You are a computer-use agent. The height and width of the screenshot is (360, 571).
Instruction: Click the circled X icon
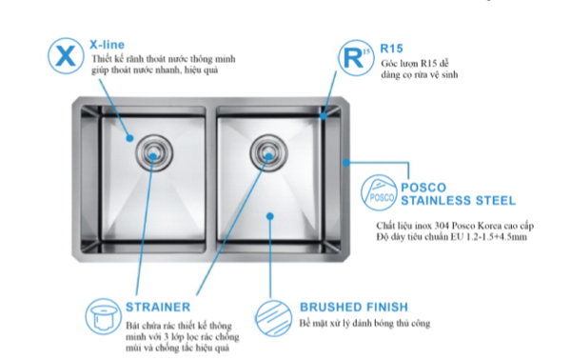pyautogui.click(x=66, y=56)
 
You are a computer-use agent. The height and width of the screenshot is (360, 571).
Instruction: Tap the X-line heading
pyautogui.click(x=107, y=45)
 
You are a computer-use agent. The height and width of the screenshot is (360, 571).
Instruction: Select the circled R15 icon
pyautogui.click(x=356, y=58)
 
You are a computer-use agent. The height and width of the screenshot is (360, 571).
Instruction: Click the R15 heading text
pyautogui.click(x=391, y=49)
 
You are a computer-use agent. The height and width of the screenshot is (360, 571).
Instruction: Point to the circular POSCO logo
pyautogui.click(x=379, y=192)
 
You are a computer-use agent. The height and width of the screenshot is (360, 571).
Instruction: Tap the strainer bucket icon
pyautogui.click(x=104, y=316)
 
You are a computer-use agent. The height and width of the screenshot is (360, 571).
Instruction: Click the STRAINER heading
pyautogui.click(x=158, y=308)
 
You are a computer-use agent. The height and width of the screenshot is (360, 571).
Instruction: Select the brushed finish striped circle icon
pyautogui.click(x=274, y=318)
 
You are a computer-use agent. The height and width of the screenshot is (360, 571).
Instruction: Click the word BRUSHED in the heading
pyautogui.click(x=331, y=308)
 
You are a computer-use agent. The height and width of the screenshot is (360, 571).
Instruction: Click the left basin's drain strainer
pyautogui.click(x=154, y=152)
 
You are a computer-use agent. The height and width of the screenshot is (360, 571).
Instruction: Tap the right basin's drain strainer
pyautogui.click(x=268, y=152)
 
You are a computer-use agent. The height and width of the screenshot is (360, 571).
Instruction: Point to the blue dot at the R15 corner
pyautogui.click(x=324, y=116)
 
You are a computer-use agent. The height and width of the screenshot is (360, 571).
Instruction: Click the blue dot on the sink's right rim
pyautogui.click(x=346, y=162)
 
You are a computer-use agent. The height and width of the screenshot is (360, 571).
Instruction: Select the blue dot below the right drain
pyautogui.click(x=270, y=216)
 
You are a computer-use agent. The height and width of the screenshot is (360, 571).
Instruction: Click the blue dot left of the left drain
pyautogui.click(x=129, y=138)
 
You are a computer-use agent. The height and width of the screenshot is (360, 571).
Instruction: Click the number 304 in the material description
pyautogui.click(x=442, y=226)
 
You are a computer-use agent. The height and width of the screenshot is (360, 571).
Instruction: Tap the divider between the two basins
pyautogui.click(x=211, y=179)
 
